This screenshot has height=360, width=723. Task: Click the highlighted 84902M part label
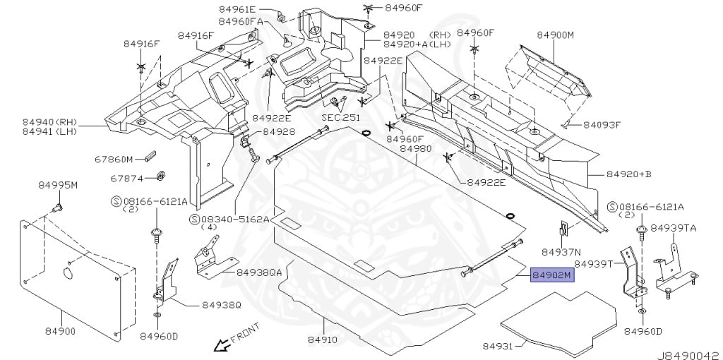552,275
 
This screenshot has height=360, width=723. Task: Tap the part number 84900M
556,35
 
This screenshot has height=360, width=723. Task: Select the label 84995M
58,186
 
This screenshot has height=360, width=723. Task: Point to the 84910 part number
323,340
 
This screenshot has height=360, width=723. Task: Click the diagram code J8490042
689,356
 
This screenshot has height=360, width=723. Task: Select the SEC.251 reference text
340,118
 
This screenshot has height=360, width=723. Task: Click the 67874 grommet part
161,176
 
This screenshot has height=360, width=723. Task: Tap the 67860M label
114,160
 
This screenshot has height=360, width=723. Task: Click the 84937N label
561,252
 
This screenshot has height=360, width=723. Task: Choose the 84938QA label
258,273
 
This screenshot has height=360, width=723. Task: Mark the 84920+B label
628,174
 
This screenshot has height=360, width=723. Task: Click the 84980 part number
415,149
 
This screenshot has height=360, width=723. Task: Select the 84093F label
602,125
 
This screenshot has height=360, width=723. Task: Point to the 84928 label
278,132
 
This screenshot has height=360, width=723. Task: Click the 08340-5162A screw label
229,220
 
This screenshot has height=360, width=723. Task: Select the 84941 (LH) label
49,132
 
